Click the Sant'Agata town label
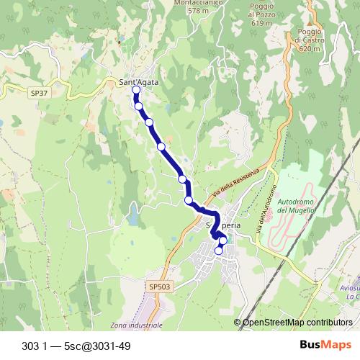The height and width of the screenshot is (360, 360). click(x=138, y=83)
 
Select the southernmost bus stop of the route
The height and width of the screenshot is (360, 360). click(x=219, y=251)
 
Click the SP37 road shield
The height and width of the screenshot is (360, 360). click(x=38, y=93)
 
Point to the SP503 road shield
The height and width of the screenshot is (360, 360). click(x=160, y=287)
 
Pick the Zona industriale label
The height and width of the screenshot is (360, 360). click(x=137, y=325)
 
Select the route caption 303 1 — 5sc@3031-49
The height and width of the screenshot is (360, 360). click(x=76, y=345)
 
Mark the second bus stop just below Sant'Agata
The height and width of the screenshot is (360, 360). click(x=139, y=107)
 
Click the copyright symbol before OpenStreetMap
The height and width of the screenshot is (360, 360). click(x=238, y=323)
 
